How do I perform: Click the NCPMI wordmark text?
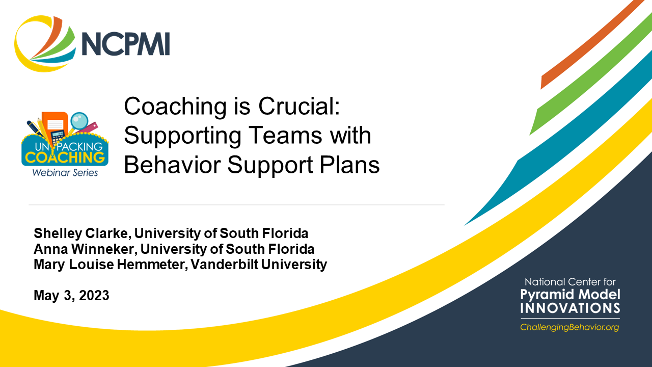tap(125, 44)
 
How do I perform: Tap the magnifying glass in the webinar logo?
tap(79, 121)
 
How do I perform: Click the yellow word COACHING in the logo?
tap(64, 156)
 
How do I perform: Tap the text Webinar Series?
tap(64, 173)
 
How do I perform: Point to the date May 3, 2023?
tap(71, 295)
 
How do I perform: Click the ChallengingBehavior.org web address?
tap(569, 327)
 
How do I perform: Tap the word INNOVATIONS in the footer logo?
tap(570, 308)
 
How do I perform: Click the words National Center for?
tap(570, 282)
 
